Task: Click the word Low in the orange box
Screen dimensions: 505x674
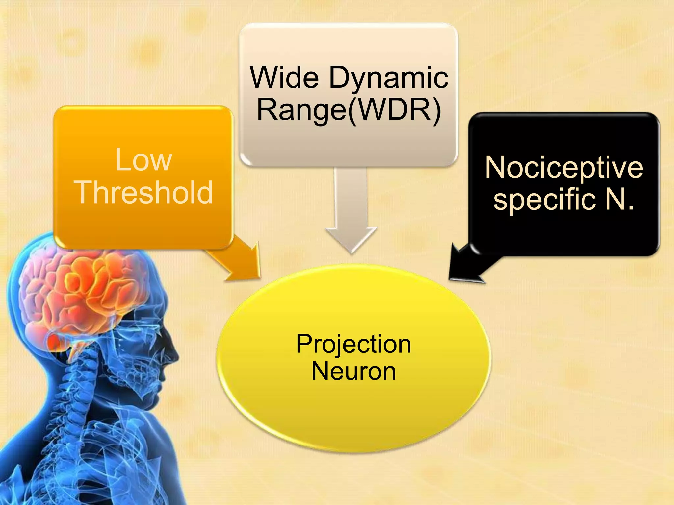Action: [143, 160]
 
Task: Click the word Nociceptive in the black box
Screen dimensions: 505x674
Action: [564, 168]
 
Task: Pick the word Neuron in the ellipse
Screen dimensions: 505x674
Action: [353, 372]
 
